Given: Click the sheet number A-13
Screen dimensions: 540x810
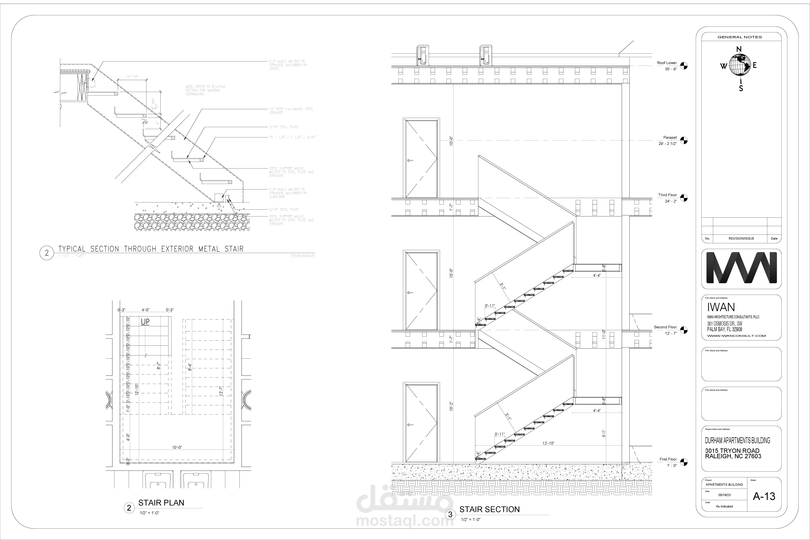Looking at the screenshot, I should pos(764,496).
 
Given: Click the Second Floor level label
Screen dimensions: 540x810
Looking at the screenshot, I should pos(665,327).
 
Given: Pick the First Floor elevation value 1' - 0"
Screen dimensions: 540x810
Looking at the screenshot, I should pos(672,466).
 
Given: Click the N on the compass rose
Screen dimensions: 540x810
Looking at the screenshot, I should pos(739,49).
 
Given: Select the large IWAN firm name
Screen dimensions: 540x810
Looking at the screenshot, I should pos(721,307).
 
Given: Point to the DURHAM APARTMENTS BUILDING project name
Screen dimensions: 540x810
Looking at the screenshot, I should pos(737,440).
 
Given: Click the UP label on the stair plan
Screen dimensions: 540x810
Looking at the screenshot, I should pos(145,322).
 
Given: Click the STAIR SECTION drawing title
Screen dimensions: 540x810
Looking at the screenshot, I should pos(489,509).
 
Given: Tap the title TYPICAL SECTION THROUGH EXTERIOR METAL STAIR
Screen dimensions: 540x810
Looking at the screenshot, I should pos(151,249).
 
